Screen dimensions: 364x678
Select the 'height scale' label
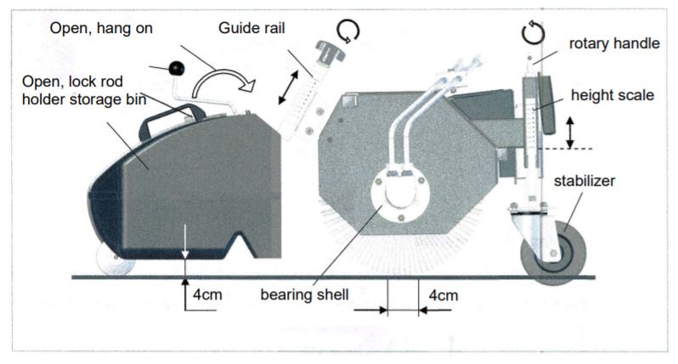[613, 95]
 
